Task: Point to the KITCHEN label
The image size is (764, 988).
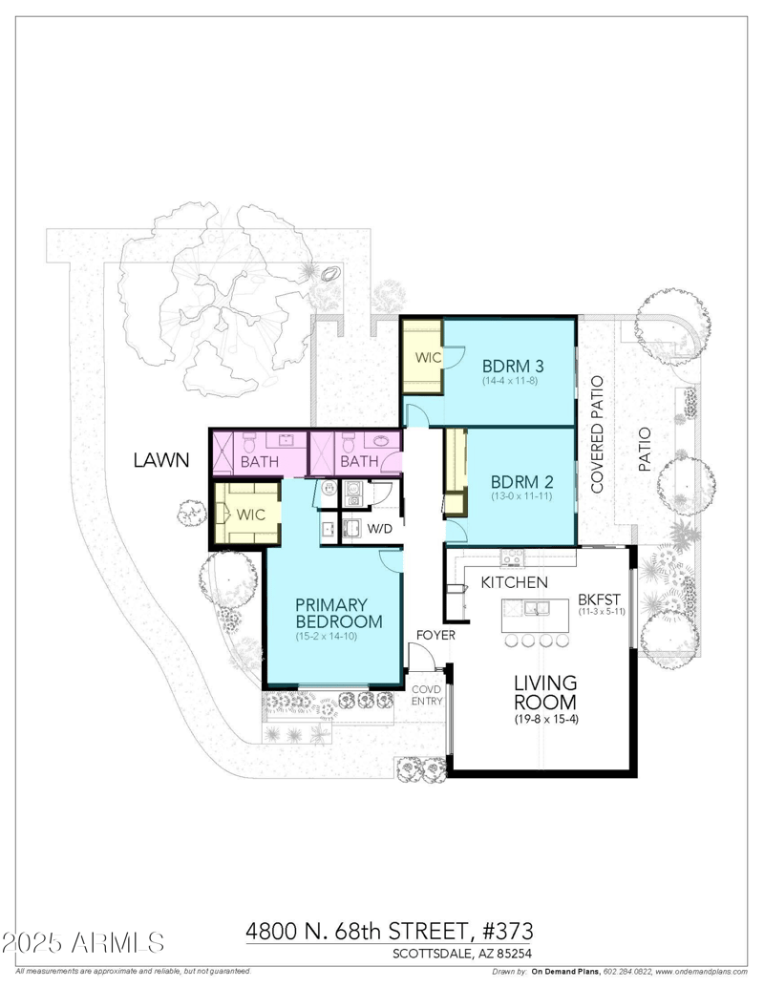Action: [x=514, y=581]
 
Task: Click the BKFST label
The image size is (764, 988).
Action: [x=600, y=599]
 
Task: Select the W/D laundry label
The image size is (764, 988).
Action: [x=381, y=528]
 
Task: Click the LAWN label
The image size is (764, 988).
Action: [x=159, y=461]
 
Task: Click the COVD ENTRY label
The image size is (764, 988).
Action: [x=426, y=695]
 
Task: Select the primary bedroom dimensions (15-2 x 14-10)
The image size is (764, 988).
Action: [x=326, y=636]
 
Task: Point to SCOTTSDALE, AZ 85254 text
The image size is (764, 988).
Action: [x=462, y=953]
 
